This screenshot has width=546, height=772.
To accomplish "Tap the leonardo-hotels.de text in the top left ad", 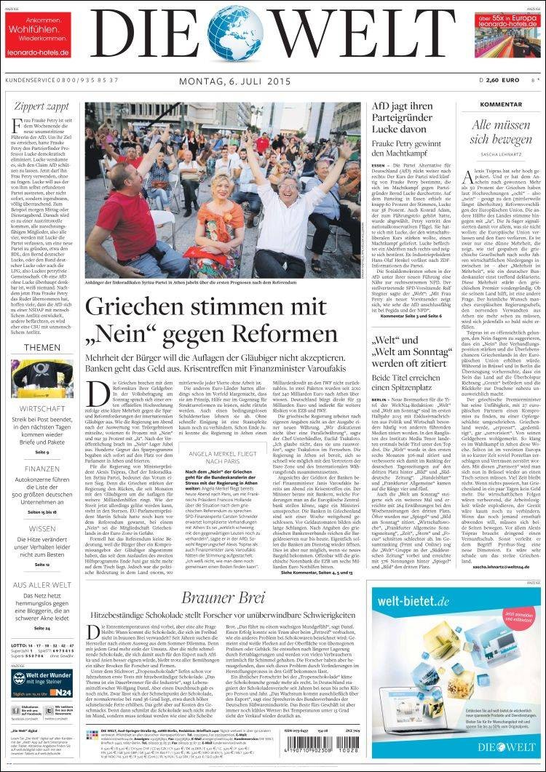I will pos(38,52).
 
